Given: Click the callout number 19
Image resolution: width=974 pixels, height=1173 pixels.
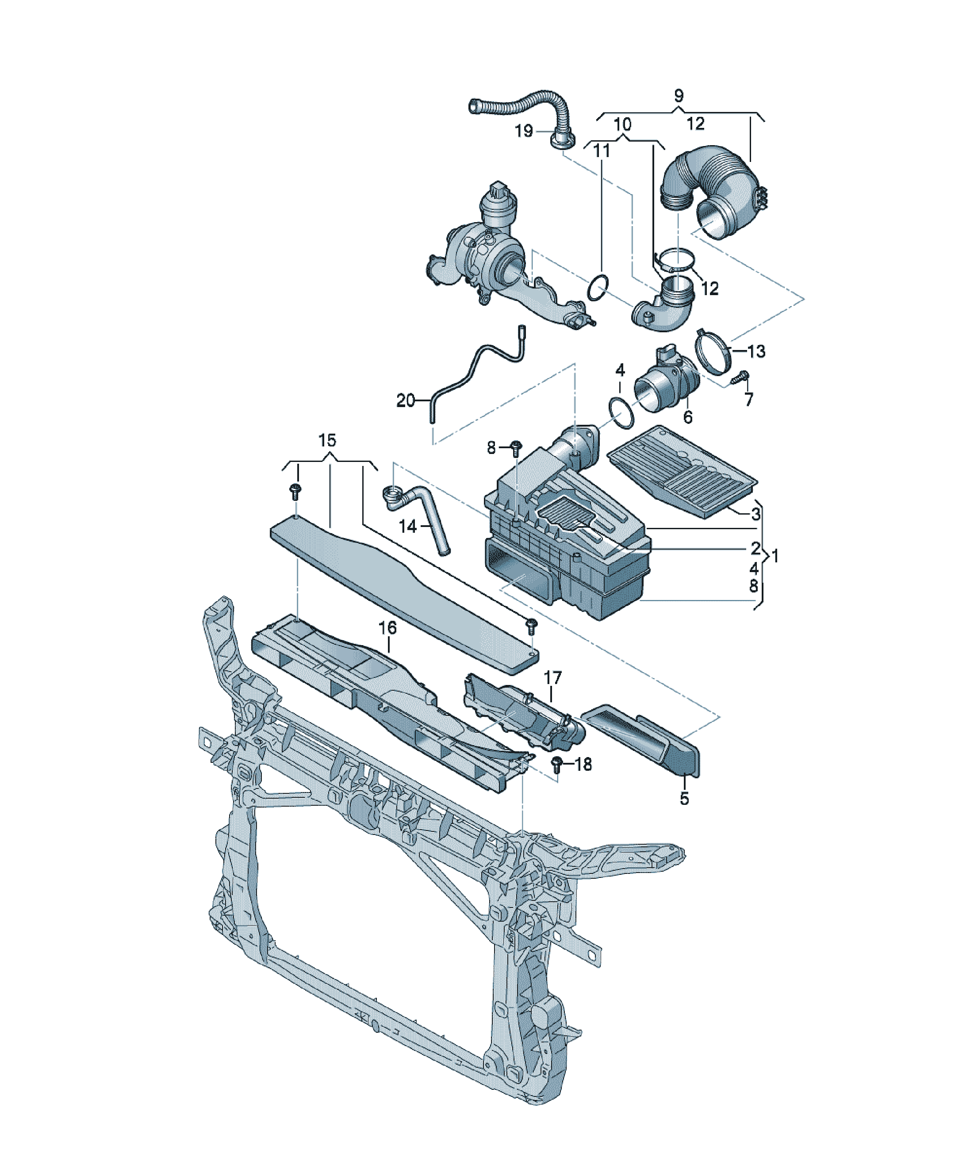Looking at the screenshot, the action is point(524,131).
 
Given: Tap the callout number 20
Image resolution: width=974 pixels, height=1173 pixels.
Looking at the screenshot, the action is point(406,400).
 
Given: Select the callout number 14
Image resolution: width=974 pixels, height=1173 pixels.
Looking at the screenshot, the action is point(408,526).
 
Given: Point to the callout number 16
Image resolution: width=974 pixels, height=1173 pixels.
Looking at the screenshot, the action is point(387,627).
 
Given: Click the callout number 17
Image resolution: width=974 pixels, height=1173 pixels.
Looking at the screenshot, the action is point(552,677).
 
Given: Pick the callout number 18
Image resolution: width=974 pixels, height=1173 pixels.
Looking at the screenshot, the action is point(583,764).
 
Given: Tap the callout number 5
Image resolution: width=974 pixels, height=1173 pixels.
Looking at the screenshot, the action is point(685,799).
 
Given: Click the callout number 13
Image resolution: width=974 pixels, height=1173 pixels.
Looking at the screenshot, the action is point(756,351).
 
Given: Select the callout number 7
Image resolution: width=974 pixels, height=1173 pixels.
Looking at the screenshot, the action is point(749,399).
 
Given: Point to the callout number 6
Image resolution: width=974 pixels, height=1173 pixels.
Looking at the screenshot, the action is point(687,417).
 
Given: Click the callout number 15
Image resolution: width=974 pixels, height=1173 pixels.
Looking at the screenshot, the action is point(327,440).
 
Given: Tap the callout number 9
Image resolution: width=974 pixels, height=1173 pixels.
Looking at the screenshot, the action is point(679,96).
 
